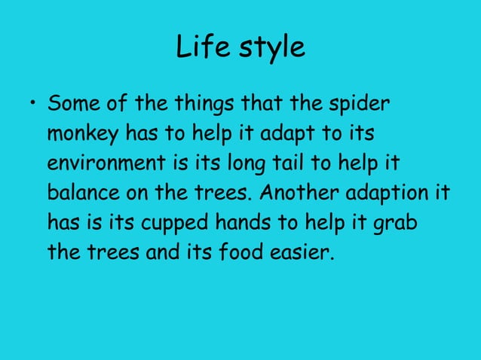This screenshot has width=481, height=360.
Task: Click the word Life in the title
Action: pos(198,47)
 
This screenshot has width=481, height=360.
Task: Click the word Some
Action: pos(72,102)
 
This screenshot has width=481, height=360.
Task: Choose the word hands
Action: pos(242,223)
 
